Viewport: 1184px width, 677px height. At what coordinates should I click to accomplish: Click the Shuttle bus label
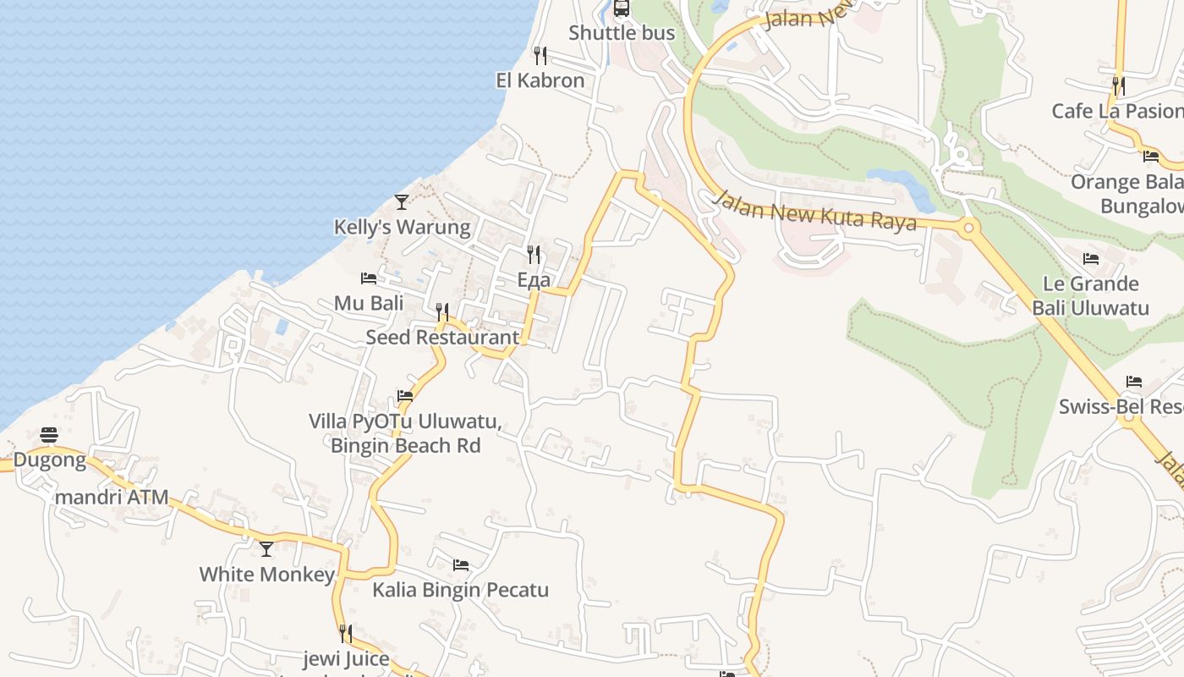[622, 33]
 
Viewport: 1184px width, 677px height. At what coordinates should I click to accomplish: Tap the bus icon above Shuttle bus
[622, 8]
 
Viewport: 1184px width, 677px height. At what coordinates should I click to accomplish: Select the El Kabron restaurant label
[540, 80]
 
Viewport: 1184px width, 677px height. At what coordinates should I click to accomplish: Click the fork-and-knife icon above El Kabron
[540, 56]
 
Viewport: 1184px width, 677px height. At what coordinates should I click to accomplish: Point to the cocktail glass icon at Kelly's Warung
[402, 202]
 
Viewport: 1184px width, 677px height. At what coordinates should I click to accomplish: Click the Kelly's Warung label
[402, 227]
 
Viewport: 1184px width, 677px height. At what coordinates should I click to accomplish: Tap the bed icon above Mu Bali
[368, 278]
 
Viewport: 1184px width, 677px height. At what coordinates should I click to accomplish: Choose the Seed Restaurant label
[442, 337]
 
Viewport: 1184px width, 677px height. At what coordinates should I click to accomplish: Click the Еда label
[534, 280]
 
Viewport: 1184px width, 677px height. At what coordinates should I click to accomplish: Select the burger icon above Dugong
[49, 436]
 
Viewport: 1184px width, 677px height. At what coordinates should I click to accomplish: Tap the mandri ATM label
[112, 497]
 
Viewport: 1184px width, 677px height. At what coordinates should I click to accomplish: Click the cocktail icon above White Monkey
[266, 549]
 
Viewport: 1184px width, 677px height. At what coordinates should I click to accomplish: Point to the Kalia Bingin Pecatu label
[461, 590]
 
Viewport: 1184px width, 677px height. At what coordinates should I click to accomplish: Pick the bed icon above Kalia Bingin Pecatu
[461, 564]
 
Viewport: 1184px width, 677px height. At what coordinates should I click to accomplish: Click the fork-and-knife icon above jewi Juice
[345, 633]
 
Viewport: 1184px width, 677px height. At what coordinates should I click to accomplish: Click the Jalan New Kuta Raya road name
[814, 211]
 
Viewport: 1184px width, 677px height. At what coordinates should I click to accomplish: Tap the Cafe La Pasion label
[1116, 111]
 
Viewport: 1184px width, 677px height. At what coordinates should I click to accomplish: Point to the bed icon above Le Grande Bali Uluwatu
[1091, 259]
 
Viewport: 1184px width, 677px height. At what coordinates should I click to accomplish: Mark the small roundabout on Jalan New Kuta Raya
[968, 227]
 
